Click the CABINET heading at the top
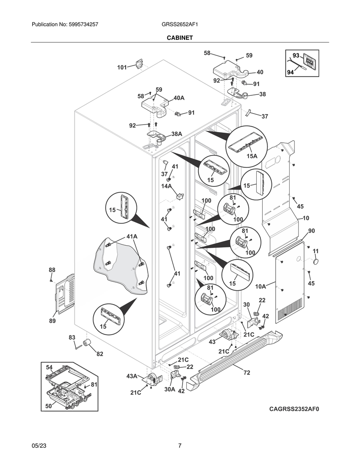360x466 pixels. [x=180, y=38]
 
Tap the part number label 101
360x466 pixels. [x=122, y=67]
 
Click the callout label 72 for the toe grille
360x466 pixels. [x=246, y=373]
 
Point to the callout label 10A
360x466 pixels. [x=260, y=287]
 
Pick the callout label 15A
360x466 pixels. [x=252, y=156]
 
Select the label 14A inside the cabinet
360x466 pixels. [x=166, y=186]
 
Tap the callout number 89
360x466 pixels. [x=52, y=321]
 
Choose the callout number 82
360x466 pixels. [x=100, y=354]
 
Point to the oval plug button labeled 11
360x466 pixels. [x=316, y=263]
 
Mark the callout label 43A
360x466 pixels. [x=132, y=376]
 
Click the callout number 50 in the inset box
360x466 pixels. [x=49, y=406]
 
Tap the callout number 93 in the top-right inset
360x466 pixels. [x=296, y=55]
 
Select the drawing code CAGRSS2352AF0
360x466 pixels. [x=294, y=409]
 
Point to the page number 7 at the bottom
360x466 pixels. [x=180, y=446]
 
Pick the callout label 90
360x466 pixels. [x=311, y=231]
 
